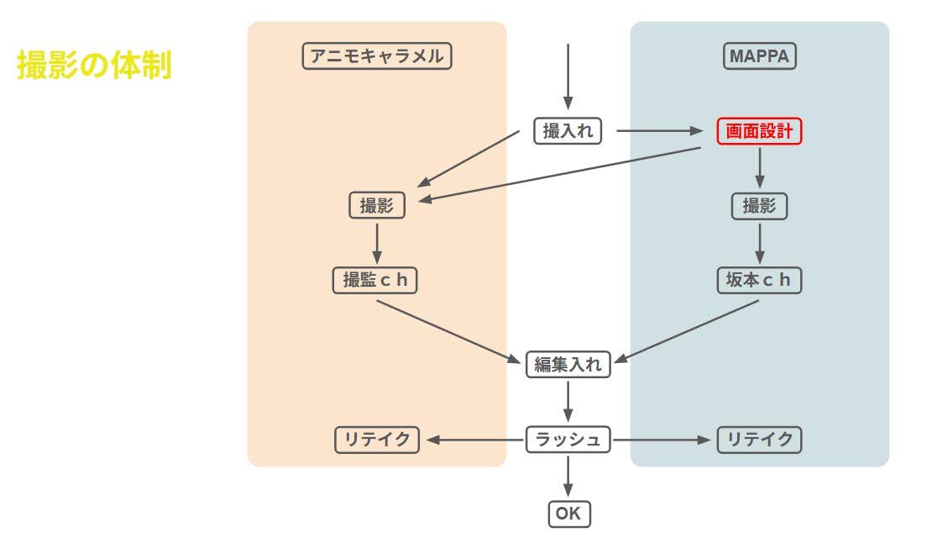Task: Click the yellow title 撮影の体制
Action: (x=94, y=65)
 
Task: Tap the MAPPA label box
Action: (x=759, y=56)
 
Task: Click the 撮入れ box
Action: (x=568, y=131)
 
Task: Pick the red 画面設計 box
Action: (x=759, y=131)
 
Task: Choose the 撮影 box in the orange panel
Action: (x=377, y=205)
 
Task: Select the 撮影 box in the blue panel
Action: (x=759, y=205)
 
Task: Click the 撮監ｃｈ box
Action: (x=375, y=280)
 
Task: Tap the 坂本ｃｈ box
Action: (x=759, y=280)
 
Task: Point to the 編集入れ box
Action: (x=568, y=365)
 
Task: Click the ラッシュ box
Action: (x=568, y=440)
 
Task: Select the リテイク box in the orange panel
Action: (x=377, y=440)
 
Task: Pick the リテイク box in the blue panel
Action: (x=759, y=440)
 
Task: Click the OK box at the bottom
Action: (x=568, y=514)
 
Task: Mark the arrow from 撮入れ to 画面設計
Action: (x=663, y=131)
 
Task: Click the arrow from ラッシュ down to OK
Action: (x=568, y=475)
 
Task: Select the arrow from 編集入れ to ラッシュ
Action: (x=568, y=401)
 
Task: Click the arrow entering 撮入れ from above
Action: (x=568, y=76)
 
